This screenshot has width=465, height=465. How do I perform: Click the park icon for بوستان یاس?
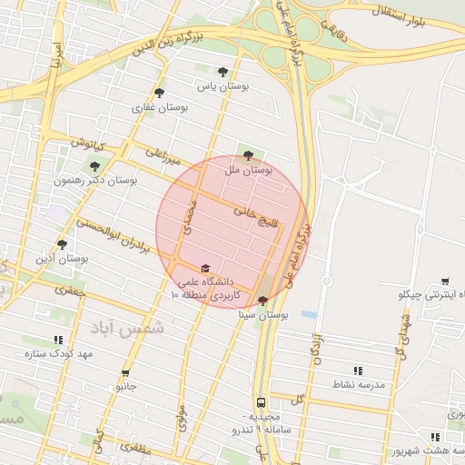[223, 72]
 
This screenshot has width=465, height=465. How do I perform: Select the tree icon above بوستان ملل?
[249, 155]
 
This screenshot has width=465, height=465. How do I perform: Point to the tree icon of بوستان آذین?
[62, 243]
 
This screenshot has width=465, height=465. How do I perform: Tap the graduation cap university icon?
[204, 268]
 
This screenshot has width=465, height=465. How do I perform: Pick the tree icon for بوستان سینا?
[262, 301]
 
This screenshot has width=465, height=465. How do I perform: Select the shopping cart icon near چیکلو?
[444, 282]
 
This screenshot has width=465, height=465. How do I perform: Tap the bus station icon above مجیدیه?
[261, 401]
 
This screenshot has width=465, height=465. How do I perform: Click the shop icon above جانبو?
[124, 373]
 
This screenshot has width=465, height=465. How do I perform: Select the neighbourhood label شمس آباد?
[135, 327]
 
